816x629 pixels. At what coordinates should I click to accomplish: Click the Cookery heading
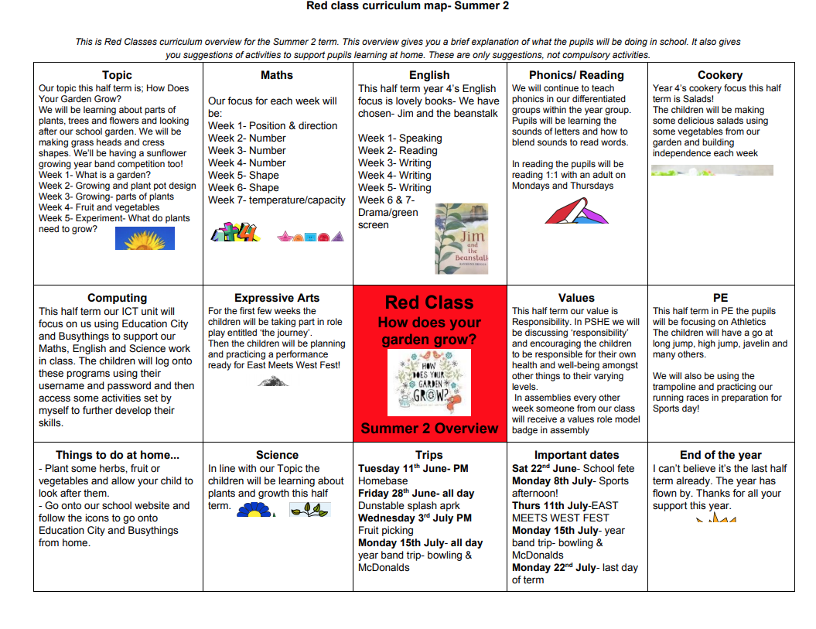pos(720,75)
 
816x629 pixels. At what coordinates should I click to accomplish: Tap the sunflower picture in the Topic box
pos(145,238)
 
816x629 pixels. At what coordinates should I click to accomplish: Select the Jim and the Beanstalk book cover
pos(462,238)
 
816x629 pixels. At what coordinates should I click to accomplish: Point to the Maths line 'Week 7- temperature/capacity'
pos(276,200)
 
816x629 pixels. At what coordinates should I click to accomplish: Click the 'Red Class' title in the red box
pos(429,303)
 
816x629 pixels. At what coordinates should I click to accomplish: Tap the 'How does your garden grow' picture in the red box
pos(428,382)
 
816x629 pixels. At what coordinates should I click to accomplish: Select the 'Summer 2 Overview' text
pos(429,429)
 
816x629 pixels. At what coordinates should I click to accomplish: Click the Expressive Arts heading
pos(277,298)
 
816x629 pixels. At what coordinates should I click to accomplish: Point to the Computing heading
pos(117,298)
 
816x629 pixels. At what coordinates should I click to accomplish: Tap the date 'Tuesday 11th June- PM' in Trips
pos(413,468)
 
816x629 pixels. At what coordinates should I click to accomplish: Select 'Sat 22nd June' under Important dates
pos(541,468)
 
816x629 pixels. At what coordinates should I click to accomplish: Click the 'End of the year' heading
pos(720,455)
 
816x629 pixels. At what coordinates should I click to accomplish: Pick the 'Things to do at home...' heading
pos(117,455)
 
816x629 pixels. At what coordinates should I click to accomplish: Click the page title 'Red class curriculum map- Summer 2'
pos(408,6)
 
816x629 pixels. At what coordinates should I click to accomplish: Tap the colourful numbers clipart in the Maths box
pos(236,232)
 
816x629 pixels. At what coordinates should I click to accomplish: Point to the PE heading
pos(720,298)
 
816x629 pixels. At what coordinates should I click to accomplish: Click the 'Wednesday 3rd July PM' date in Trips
pos(416,518)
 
